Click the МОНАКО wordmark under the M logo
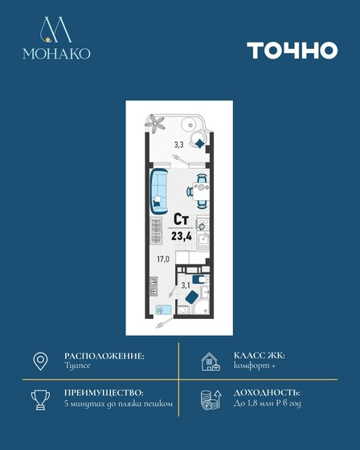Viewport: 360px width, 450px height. coord(56,53)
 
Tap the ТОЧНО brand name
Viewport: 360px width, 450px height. coord(292,50)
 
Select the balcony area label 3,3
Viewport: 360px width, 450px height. coord(179,145)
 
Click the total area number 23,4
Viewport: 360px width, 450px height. coord(182,236)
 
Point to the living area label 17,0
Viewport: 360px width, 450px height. coord(163,260)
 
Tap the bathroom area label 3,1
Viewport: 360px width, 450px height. coord(186,285)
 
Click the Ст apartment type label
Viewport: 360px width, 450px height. coord(181,220)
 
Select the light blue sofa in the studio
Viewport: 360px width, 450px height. coord(159,191)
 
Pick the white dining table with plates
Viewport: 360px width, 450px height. coord(201,191)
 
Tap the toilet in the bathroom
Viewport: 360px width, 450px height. coord(201,280)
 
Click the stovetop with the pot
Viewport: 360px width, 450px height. coord(202,224)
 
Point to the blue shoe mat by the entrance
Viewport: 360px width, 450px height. coord(163,310)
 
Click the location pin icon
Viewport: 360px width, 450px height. coord(40,361)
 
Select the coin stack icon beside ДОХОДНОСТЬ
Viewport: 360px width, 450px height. coord(211,400)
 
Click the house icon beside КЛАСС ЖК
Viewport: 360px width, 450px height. coord(211,362)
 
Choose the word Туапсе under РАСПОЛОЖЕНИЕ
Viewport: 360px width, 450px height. coord(77,366)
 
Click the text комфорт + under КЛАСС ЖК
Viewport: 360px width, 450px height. coord(255,366)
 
